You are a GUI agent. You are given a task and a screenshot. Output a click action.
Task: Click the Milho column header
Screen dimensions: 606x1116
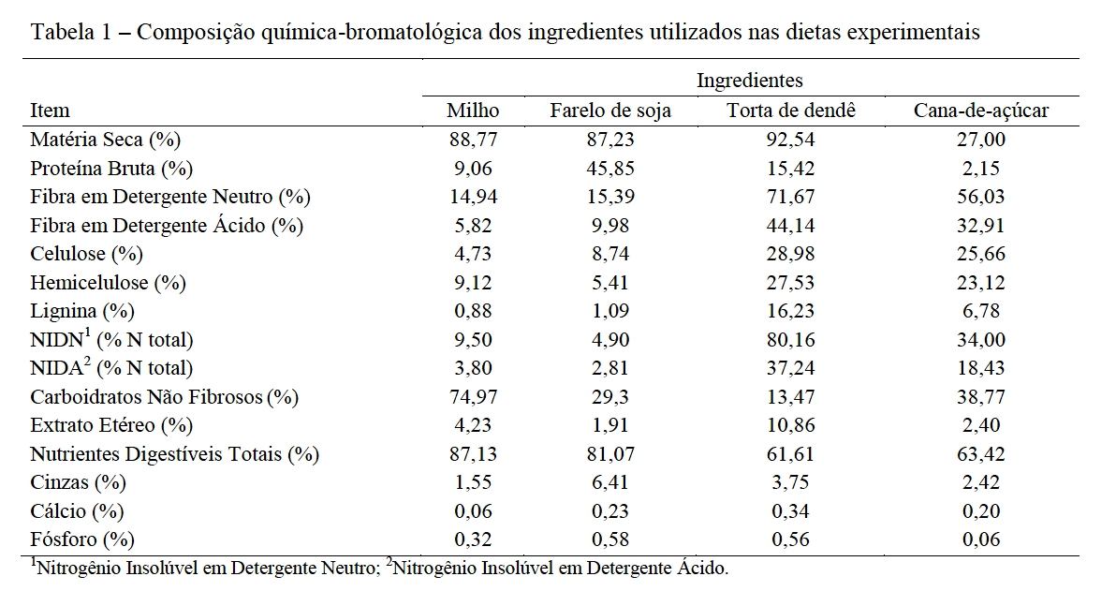pos(473,111)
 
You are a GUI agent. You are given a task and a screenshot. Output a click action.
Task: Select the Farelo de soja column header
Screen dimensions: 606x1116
pos(609,111)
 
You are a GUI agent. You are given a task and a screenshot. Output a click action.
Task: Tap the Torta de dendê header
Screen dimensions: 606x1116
pos(791,111)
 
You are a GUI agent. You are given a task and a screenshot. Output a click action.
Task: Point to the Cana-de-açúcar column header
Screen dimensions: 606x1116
pos(981,111)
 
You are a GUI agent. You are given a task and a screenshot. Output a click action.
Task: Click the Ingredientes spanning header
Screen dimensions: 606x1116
pos(750,81)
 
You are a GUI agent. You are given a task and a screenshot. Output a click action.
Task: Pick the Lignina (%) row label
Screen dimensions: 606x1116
pos(82,311)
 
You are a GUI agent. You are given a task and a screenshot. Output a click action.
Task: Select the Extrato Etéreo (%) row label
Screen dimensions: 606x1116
pos(110,425)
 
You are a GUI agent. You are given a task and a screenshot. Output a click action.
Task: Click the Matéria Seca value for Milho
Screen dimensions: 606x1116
pos(473,140)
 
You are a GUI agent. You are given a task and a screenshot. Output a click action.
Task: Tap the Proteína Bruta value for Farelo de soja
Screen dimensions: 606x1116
pos(609,169)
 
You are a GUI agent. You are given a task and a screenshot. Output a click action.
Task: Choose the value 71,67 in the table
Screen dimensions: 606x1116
pos(791,197)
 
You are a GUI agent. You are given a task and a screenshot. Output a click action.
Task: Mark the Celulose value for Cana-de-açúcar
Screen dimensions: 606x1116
pos(981,254)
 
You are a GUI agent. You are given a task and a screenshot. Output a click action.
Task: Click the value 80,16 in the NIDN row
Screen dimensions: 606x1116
pos(791,340)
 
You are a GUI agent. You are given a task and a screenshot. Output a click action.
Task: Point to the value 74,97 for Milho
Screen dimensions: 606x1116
pos(473,397)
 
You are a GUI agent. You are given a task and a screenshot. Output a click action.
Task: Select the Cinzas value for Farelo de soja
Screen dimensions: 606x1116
pos(609,482)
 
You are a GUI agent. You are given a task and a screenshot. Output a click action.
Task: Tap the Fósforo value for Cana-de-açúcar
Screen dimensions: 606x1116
pos(981,539)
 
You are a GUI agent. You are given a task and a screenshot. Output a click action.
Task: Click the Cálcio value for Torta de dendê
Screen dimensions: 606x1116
pos(791,511)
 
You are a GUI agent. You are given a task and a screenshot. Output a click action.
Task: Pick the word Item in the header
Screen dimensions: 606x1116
pos(50,111)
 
